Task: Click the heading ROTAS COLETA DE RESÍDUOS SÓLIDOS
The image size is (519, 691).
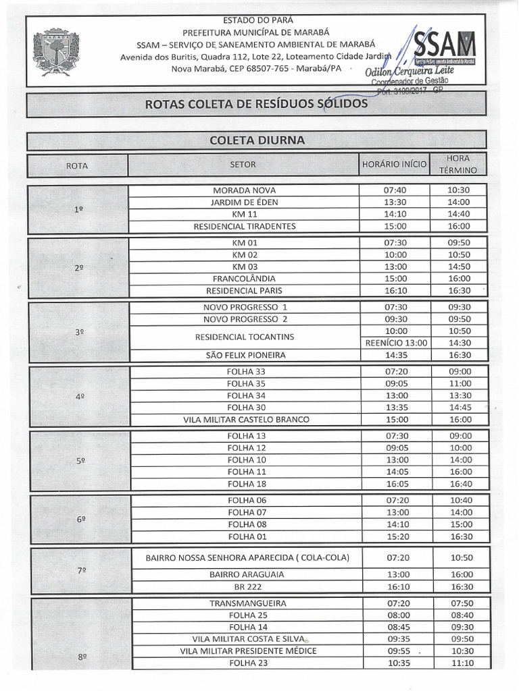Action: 256,104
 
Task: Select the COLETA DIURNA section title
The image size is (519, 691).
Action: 257,140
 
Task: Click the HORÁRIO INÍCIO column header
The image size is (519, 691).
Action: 394,164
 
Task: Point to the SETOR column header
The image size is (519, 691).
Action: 243,164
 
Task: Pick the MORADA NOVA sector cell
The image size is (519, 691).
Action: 244,190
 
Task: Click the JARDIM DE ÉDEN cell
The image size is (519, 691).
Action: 244,202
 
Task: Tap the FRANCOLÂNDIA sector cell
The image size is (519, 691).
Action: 244,278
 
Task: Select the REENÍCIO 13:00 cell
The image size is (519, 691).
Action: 395,343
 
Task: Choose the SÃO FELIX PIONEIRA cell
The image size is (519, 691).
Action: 244,355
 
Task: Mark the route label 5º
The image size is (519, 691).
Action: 80,461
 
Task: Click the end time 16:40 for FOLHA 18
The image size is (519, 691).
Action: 460,484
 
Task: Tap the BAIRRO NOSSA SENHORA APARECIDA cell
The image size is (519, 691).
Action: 247,558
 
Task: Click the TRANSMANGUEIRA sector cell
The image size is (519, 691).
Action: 248,603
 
